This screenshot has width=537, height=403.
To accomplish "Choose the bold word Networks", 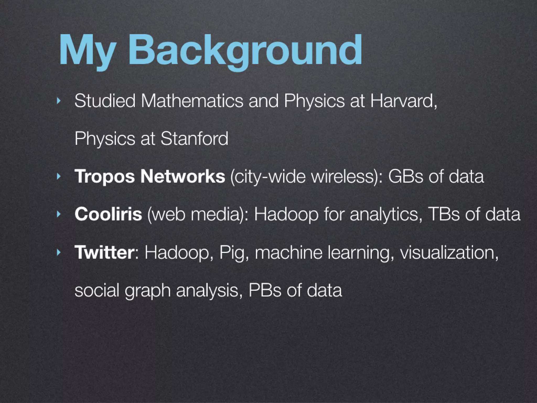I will pyautogui.click(x=182, y=176).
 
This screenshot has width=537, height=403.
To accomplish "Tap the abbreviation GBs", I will pyautogui.click(x=405, y=176).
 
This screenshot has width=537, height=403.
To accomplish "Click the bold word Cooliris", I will pyautogui.click(x=108, y=214).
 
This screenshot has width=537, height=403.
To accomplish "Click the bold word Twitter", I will pyautogui.click(x=104, y=252).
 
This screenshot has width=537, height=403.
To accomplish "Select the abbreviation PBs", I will pyautogui.click(x=265, y=290).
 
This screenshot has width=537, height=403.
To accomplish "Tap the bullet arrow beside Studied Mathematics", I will pyautogui.click(x=58, y=101).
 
